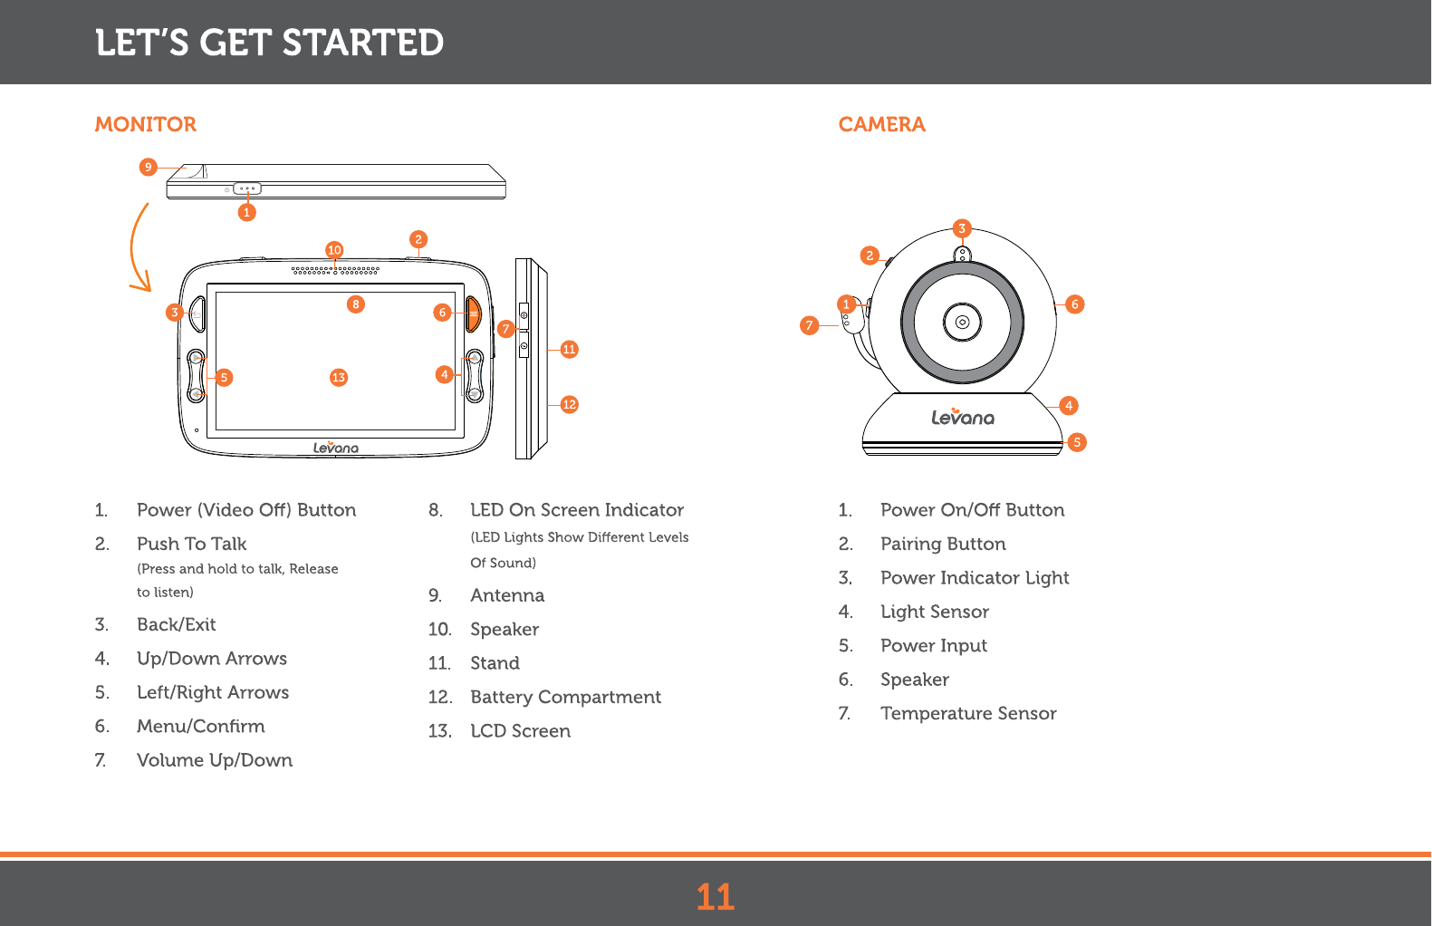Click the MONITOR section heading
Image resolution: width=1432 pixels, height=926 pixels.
pyautogui.click(x=145, y=124)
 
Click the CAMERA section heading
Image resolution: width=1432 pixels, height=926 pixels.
pyautogui.click(x=881, y=124)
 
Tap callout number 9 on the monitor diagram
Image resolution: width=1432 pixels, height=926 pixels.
pyautogui.click(x=149, y=167)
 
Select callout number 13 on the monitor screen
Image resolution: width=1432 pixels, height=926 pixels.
pyautogui.click(x=339, y=377)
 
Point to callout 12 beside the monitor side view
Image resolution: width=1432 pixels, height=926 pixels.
pyautogui.click(x=569, y=404)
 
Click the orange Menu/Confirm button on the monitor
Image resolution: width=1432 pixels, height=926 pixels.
pyautogui.click(x=473, y=313)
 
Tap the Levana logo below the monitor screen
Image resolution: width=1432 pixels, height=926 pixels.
pyautogui.click(x=336, y=447)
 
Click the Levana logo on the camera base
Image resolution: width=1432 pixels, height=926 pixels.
pyautogui.click(x=963, y=417)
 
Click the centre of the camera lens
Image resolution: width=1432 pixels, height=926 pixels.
pyautogui.click(x=962, y=322)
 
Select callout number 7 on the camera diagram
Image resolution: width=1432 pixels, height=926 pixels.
pyautogui.click(x=810, y=325)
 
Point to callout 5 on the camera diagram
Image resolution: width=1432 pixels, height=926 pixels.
pyautogui.click(x=1076, y=442)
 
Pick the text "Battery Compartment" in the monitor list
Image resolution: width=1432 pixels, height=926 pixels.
pyautogui.click(x=565, y=697)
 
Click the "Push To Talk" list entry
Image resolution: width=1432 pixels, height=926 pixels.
pyautogui.click(x=191, y=544)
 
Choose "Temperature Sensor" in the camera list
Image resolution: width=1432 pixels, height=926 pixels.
pyautogui.click(x=968, y=713)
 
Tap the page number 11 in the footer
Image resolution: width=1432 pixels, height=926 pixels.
pyautogui.click(x=715, y=897)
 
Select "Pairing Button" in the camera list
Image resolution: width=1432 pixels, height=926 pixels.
pyautogui.click(x=943, y=544)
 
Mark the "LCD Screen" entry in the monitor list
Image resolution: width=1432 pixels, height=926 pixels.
pyautogui.click(x=520, y=731)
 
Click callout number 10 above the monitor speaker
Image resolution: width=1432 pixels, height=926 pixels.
pyautogui.click(x=334, y=250)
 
